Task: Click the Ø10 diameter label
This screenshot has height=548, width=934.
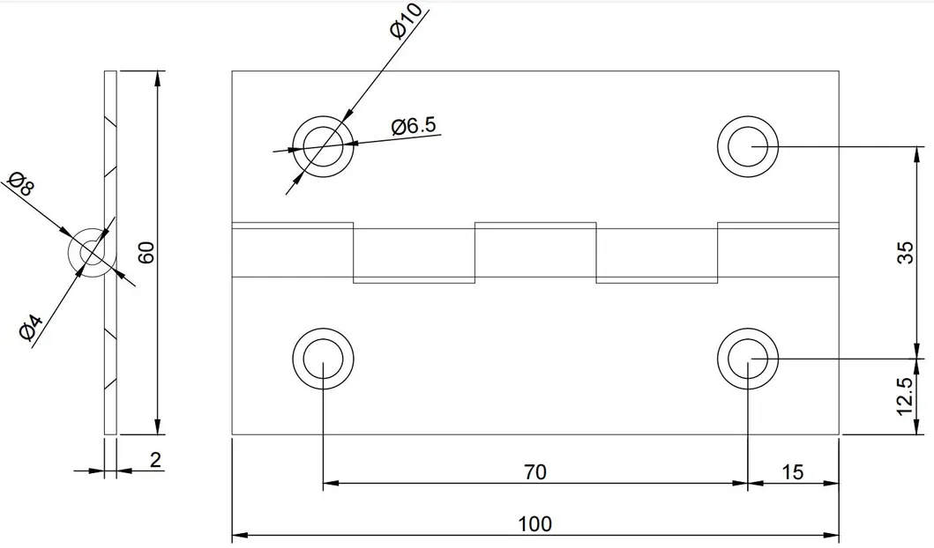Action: pyautogui.click(x=407, y=21)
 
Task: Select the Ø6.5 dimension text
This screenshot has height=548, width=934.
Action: pyautogui.click(x=414, y=126)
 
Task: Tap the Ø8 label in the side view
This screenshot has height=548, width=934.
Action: pyautogui.click(x=20, y=187)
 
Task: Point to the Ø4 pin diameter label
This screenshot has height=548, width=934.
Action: pyautogui.click(x=30, y=331)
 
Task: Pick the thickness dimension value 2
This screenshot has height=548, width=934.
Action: pyautogui.click(x=155, y=460)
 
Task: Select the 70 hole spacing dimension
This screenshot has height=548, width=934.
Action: pyautogui.click(x=534, y=472)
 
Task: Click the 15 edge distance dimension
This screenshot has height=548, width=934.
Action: pyautogui.click(x=792, y=472)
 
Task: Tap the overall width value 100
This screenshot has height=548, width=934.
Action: pyautogui.click(x=534, y=524)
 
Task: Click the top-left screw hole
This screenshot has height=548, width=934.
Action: pyautogui.click(x=324, y=146)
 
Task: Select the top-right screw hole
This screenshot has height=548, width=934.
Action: pyautogui.click(x=748, y=144)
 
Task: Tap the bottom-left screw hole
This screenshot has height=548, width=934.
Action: pyautogui.click(x=323, y=359)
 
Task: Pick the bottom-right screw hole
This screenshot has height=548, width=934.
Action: pyautogui.click(x=748, y=359)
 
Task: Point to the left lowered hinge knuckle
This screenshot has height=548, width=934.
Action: pyautogui.click(x=414, y=256)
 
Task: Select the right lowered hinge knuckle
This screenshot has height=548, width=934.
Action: pyautogui.click(x=657, y=256)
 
